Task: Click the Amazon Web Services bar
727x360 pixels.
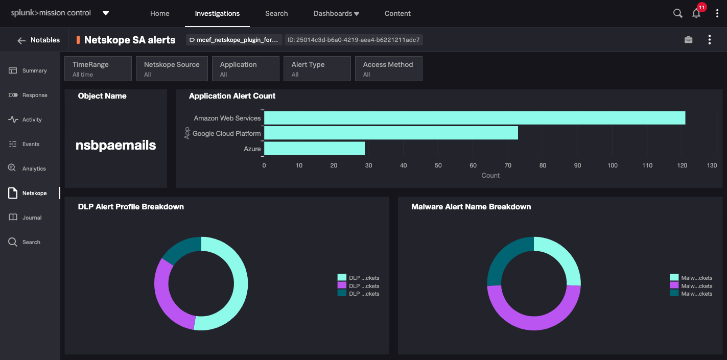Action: (474, 118)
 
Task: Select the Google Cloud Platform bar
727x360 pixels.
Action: (391, 133)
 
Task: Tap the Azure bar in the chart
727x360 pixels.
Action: (314, 149)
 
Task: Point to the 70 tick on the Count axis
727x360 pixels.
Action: (508, 165)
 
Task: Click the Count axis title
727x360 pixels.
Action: (490, 175)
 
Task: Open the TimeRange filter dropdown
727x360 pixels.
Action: (98, 69)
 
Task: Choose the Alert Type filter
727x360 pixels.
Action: (317, 69)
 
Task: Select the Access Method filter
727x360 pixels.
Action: (388, 69)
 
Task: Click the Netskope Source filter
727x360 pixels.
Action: (172, 69)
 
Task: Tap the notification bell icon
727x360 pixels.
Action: (696, 14)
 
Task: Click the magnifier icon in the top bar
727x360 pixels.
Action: (677, 14)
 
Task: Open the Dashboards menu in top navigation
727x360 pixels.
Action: (336, 14)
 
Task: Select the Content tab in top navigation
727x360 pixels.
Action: (397, 14)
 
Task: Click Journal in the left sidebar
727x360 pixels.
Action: (31, 218)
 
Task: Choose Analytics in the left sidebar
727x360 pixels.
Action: (33, 169)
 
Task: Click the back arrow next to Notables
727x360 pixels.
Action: (21, 40)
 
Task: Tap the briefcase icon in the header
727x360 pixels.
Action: (688, 40)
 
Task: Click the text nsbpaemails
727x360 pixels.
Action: (116, 146)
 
